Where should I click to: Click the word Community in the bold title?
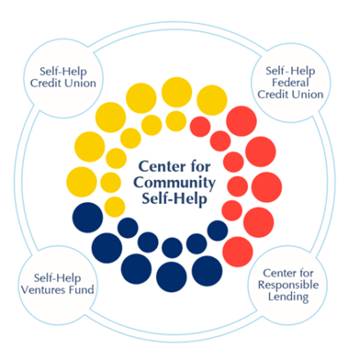coord(174,183)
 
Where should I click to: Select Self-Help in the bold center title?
coord(174,199)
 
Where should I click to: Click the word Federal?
coord(290,83)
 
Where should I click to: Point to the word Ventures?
coord(43,290)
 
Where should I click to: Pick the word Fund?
coord(82,290)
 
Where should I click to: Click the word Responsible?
coord(288,286)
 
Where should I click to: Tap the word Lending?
coord(288,297)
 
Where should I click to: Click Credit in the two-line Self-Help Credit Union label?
coord(46,83)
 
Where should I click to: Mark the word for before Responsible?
coord(304,272)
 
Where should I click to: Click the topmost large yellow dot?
coord(177,92)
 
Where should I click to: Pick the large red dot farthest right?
coord(267,187)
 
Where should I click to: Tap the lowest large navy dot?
coord(172,277)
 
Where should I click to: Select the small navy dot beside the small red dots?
coord(218,231)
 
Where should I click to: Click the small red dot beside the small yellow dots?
coord(200,127)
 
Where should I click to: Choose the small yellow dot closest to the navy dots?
coord(115,207)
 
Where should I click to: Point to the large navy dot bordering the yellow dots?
coord(88,218)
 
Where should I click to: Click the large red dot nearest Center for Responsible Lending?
coord(238,252)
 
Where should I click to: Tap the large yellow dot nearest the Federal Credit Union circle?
coord(212,100)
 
